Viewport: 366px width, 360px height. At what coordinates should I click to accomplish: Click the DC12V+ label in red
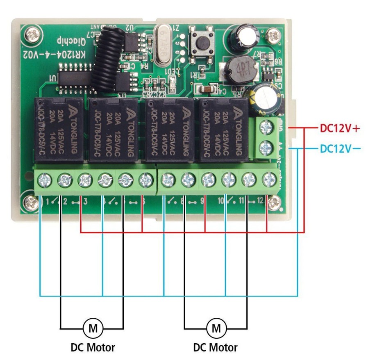339,129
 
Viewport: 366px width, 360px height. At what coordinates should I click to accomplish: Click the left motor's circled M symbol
93,328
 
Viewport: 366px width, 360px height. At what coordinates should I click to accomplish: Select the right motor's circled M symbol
216,328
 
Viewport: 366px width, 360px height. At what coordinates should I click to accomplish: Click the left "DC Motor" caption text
93,348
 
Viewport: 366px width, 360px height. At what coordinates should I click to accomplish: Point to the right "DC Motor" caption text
216,348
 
